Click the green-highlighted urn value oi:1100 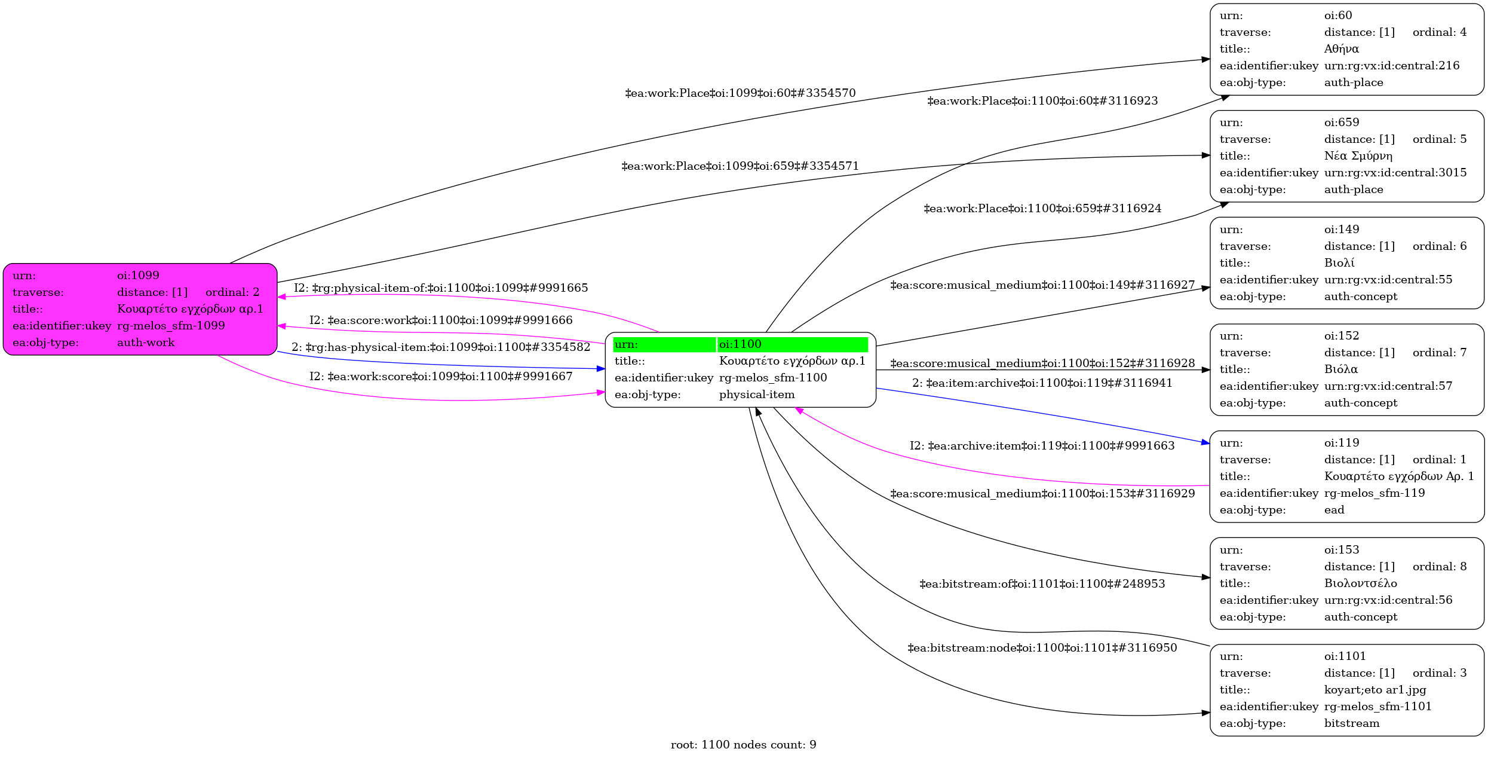[x=741, y=344]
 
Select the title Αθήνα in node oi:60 [x=1341, y=49]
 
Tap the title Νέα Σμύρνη [x=1358, y=156]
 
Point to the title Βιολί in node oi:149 [x=1339, y=263]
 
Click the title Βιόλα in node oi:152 [x=1340, y=369]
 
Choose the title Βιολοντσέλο [x=1360, y=583]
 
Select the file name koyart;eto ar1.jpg [x=1375, y=690]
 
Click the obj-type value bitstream [x=1351, y=723]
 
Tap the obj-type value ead [x=1334, y=510]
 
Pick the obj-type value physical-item [x=756, y=395]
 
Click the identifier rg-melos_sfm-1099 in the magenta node [x=171, y=326]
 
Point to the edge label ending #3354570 [x=740, y=93]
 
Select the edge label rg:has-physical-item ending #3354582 [x=441, y=347]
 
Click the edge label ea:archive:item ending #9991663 [x=1042, y=446]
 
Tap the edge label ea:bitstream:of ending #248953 [x=1042, y=583]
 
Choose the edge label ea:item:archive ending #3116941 [x=1042, y=383]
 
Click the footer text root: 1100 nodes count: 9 [x=743, y=745]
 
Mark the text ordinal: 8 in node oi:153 [x=1439, y=567]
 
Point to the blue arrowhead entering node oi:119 [x=1205, y=443]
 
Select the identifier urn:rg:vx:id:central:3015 [x=1395, y=173]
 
